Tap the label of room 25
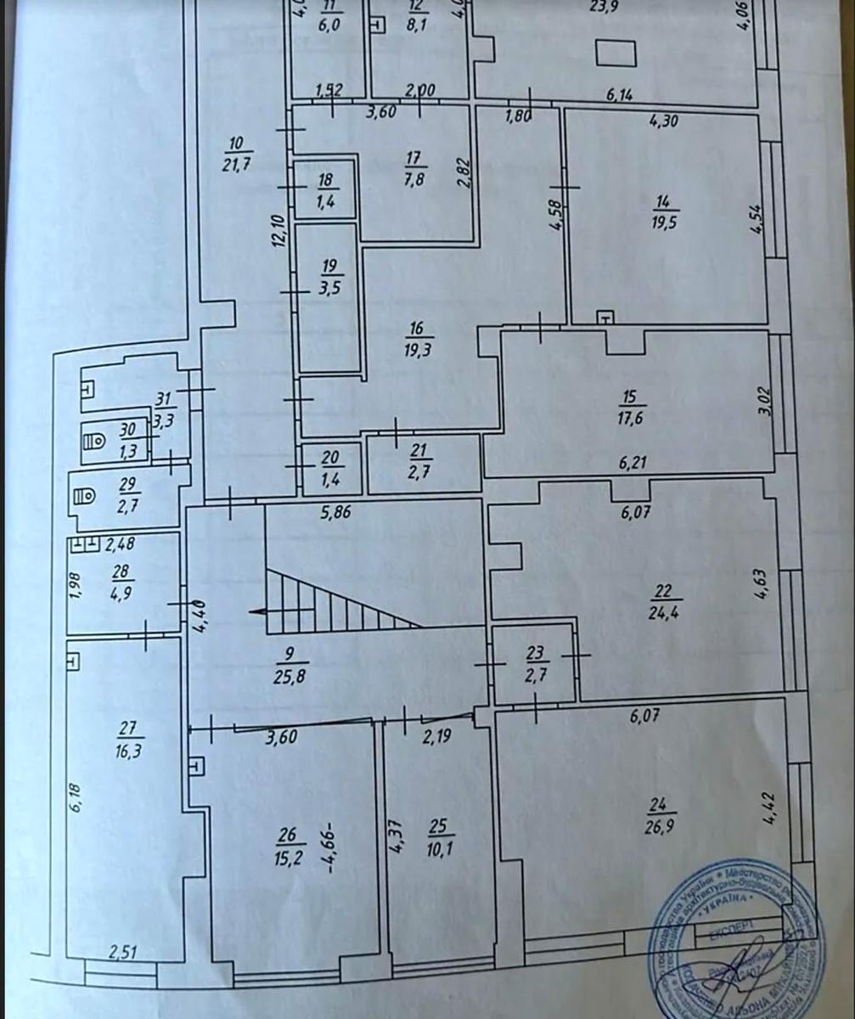coord(437,826)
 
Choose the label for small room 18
coord(325,179)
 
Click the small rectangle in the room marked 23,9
coord(615,53)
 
